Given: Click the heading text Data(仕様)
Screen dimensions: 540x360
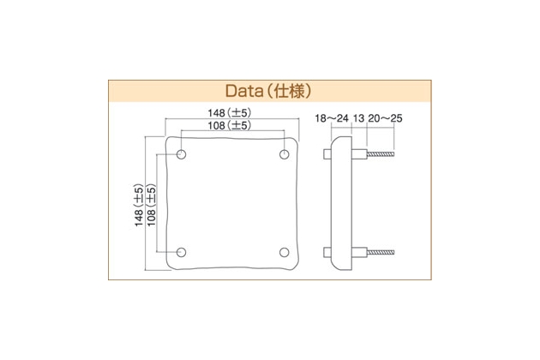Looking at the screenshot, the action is coord(268,92).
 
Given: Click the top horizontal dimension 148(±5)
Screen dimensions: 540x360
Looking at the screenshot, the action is coord(230,112).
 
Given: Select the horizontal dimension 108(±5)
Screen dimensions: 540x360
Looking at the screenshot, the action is coord(230,125).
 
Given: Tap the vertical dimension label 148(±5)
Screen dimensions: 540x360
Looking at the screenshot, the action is coord(139,205).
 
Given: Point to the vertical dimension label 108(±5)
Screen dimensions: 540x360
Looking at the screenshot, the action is coord(152,205).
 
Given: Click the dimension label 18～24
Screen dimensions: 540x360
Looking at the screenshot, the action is coord(332,118).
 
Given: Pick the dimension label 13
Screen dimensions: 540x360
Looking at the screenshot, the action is coord(358,118).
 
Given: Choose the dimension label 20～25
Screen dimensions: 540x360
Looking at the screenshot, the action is coord(385,118).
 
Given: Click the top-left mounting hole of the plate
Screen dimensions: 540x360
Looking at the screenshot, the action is coord(181,154).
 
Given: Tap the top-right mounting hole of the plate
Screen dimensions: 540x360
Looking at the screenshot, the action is coord(284,154).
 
